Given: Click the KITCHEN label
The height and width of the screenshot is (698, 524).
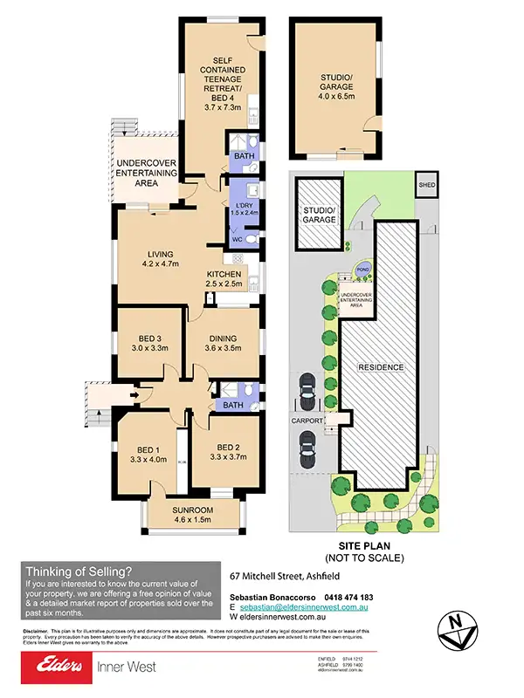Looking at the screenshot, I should pos(224,274).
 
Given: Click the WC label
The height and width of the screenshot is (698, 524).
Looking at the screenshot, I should pos(235,240).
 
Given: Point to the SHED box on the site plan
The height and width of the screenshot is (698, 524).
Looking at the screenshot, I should pos(427,185).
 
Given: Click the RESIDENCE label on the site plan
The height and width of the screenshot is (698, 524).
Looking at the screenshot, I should pos(381,367).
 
